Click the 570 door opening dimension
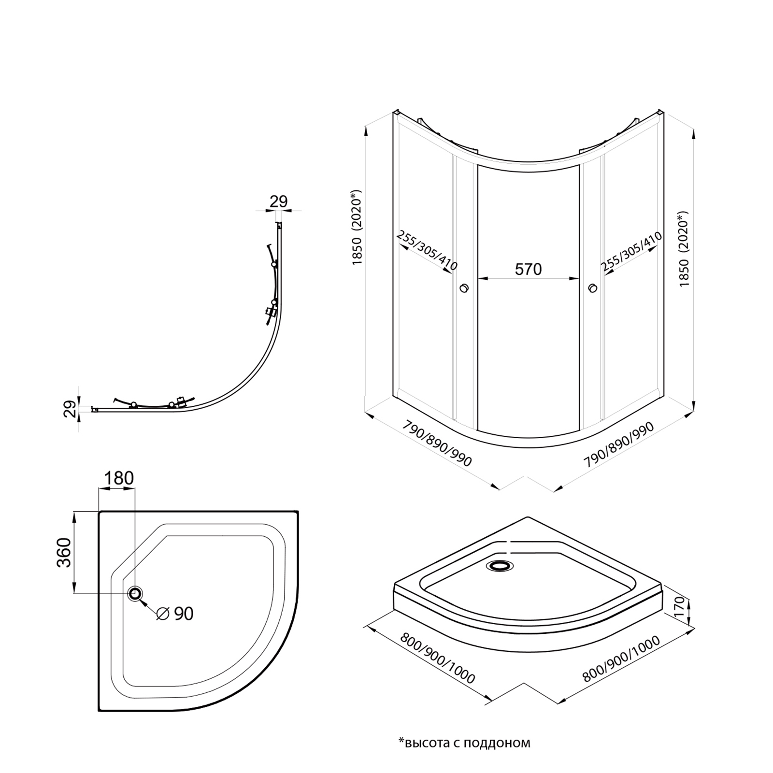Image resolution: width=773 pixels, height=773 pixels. [528, 269]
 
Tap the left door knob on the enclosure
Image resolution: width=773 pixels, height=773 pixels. [464, 288]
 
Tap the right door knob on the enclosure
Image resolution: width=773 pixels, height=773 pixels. [592, 288]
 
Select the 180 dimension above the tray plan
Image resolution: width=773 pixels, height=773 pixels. [119, 478]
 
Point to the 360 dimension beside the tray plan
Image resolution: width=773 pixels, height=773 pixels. [64, 552]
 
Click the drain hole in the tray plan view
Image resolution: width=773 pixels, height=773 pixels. [135, 594]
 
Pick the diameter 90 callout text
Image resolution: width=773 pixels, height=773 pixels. [176, 614]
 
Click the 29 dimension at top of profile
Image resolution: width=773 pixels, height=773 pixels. [279, 201]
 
